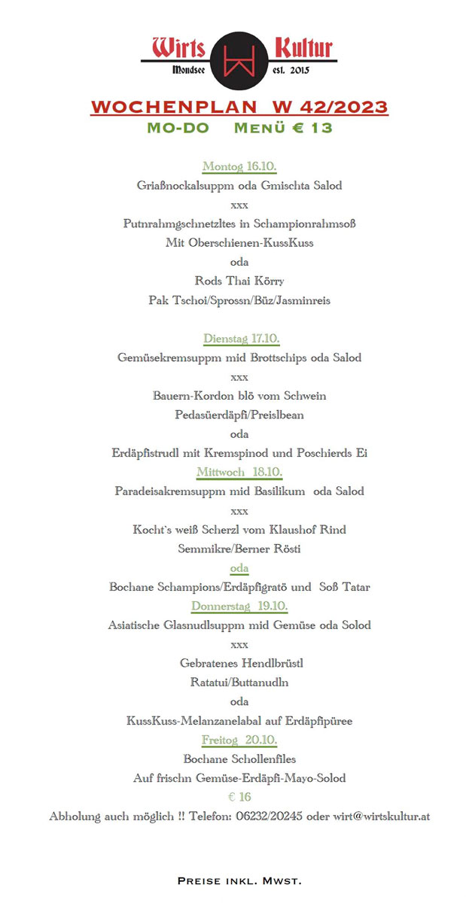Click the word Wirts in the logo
[179, 48]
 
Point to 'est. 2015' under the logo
[290, 70]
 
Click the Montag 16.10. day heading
[239, 166]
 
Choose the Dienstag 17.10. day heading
[241, 338]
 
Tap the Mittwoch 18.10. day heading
[239, 472]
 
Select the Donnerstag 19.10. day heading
[239, 606]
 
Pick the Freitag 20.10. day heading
[239, 740]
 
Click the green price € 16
[239, 797]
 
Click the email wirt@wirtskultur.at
[382, 816]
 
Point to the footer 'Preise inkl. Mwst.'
[239, 880]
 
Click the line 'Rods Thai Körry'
[239, 281]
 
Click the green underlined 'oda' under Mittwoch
[239, 568]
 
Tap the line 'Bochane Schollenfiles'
[239, 759]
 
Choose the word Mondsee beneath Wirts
[194, 70]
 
